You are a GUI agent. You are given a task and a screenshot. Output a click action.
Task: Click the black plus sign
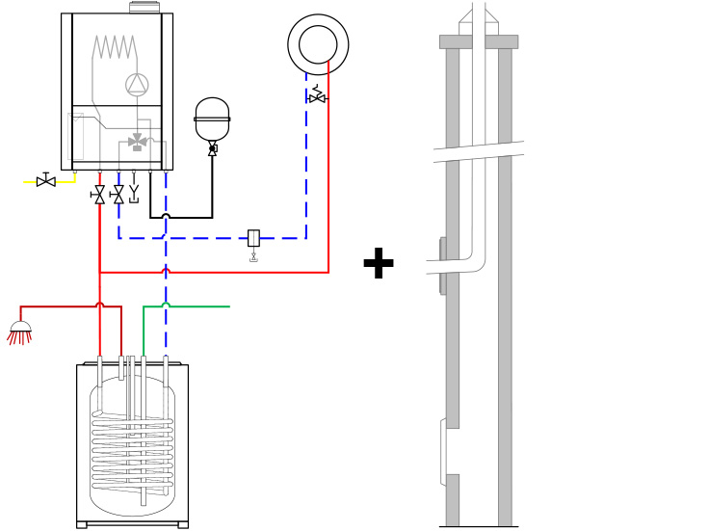(x=379, y=263)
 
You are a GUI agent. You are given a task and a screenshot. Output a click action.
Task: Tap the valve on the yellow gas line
(x=45, y=181)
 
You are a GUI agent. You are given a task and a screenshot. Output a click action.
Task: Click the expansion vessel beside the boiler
(x=212, y=119)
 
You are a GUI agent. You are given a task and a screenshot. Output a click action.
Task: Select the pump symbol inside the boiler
(x=137, y=85)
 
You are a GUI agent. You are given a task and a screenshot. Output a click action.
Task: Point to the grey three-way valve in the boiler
(x=138, y=142)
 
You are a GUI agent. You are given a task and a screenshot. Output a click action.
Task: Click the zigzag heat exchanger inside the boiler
(x=115, y=47)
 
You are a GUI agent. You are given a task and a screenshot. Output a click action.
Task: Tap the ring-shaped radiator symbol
(x=318, y=44)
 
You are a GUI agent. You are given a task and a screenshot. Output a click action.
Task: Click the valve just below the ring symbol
(x=317, y=96)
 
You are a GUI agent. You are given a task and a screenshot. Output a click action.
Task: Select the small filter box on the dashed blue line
(x=253, y=238)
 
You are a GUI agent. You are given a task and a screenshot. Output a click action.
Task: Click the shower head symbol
(x=20, y=331)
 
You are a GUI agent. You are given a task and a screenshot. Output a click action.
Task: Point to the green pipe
(x=193, y=306)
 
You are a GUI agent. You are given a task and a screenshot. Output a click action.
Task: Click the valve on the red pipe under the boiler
(x=99, y=195)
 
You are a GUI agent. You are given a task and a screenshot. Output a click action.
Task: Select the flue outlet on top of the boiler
(x=144, y=7)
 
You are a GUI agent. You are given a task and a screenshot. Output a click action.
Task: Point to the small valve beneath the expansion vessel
(x=212, y=148)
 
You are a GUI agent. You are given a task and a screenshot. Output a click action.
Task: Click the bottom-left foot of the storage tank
(x=82, y=524)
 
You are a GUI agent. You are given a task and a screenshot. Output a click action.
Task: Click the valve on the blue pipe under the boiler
(x=118, y=195)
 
